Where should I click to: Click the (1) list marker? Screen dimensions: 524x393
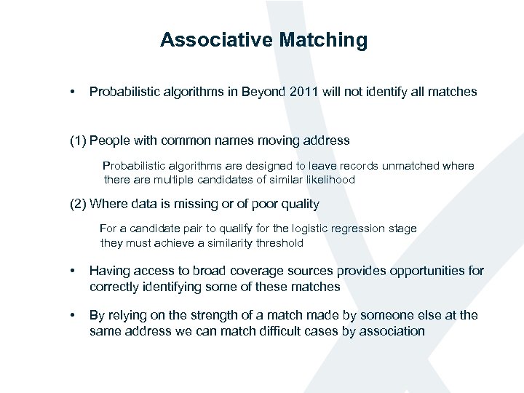[78, 140]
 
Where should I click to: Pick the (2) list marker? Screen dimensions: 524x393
[78, 204]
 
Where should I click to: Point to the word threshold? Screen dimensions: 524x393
[277, 242]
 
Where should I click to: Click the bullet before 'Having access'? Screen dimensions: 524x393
[73, 271]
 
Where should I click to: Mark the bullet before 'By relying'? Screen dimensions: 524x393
[73, 315]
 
